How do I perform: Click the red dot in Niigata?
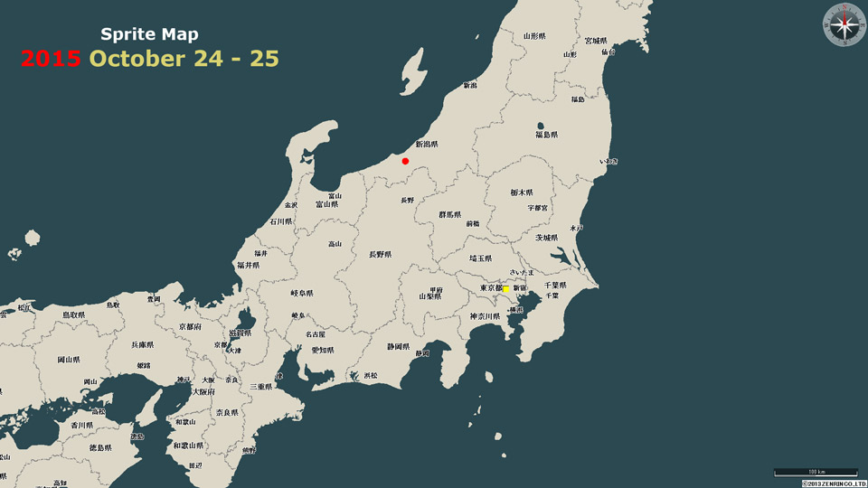405,161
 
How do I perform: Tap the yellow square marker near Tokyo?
506,289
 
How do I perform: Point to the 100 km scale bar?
815,472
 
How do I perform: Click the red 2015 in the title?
51,59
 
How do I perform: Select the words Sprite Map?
149,34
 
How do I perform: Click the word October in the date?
146,59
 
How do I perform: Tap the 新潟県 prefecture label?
427,144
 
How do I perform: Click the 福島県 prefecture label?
546,135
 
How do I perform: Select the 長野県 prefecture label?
381,255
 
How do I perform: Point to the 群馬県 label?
450,215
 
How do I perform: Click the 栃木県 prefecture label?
522,192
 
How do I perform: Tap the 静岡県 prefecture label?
399,346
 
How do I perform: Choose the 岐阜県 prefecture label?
302,293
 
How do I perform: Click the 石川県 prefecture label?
281,221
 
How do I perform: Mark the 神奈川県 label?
485,316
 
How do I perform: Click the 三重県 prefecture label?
261,386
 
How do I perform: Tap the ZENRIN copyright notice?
834,483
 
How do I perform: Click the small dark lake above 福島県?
541,126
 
